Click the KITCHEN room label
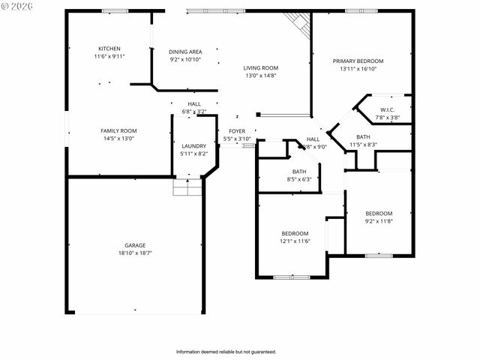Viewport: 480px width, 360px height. [x=109, y=49]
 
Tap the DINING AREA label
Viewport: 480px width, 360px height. [x=184, y=52]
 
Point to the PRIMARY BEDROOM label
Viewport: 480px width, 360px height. [x=358, y=61]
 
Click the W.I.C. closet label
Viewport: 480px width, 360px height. [x=388, y=109]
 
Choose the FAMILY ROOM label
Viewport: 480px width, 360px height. [x=118, y=130]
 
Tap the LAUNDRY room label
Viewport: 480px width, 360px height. [x=193, y=145]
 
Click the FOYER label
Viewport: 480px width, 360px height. [x=237, y=131]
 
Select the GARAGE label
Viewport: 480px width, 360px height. [x=135, y=245]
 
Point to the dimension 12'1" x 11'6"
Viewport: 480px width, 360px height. [x=295, y=241]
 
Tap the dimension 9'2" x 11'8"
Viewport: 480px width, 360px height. [x=379, y=220]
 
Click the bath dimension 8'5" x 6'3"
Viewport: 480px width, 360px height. [x=298, y=179]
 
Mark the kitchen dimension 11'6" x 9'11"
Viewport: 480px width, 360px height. [x=109, y=56]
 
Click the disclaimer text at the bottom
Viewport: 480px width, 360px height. [x=226, y=351]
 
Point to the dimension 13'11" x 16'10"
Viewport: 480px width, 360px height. [x=358, y=68]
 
